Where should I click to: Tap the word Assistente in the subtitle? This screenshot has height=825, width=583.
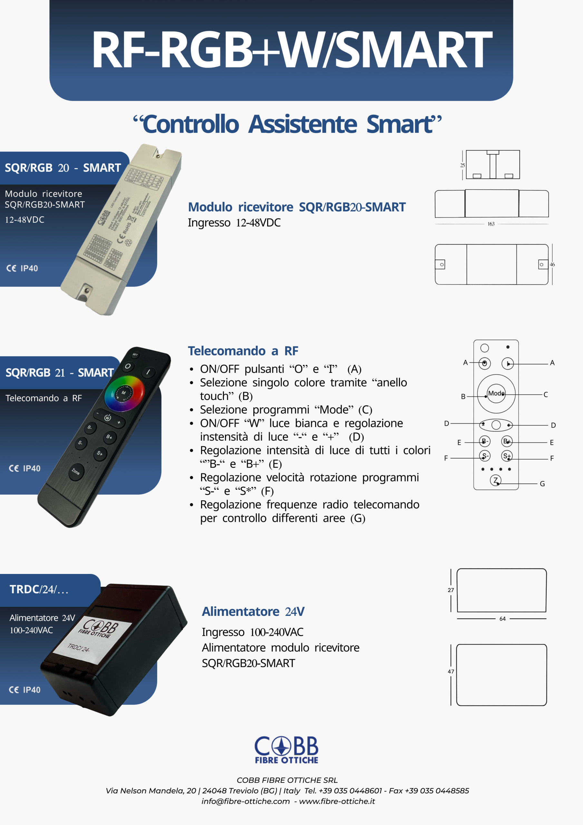coord(303,124)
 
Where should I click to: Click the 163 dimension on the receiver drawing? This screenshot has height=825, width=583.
coord(491,224)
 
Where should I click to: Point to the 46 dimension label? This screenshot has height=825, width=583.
coord(552,265)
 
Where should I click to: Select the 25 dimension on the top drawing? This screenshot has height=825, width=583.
coord(462,165)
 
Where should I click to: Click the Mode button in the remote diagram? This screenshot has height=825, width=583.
coord(496,393)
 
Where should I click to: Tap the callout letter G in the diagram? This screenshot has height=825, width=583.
coord(542,484)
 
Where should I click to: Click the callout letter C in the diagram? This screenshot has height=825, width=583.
coord(546,394)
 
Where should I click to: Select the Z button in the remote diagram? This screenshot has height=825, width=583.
coord(496,480)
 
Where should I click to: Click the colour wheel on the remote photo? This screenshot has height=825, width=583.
coord(124,393)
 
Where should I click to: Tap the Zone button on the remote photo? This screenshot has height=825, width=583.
coord(76,471)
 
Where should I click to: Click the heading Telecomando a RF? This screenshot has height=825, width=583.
coord(243,351)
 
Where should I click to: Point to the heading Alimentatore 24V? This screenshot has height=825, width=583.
coord(253,611)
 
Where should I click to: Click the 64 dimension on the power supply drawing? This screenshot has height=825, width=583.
coord(502,619)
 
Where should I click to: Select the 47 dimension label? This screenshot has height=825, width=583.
coord(451,671)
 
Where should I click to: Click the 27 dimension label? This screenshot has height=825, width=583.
coord(451,590)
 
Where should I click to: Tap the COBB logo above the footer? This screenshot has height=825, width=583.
coord(287,750)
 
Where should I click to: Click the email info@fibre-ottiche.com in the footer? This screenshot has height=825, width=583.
coord(246,801)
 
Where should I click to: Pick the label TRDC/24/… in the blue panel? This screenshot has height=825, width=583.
coord(39,589)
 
